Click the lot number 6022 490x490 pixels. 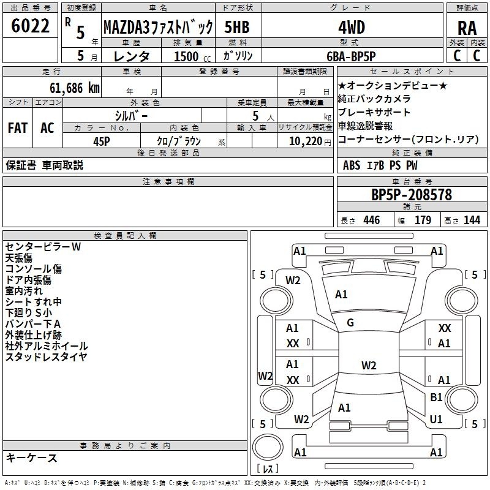coord(30,26)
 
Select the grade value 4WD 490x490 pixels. coord(352,28)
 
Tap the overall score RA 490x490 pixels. coord(467,28)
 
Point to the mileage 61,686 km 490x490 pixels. coord(75,88)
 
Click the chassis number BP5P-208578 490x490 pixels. coord(412,195)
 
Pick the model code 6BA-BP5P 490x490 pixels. coord(351,56)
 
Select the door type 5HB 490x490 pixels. coord(237,27)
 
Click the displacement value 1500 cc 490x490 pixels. coord(192,56)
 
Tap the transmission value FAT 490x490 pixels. coord(18,128)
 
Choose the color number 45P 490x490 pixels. coord(102,141)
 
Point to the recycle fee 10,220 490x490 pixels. coord(306,141)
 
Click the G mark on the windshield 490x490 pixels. coord(350,323)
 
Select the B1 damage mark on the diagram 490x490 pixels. coord(436,397)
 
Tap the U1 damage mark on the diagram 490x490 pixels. coord(436,419)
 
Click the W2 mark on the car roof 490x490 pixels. coord(369,365)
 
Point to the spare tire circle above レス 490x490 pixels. coord(268,447)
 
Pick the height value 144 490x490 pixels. coord(472,220)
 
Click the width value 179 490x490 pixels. coord(423,220)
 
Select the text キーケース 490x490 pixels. coord(32,458)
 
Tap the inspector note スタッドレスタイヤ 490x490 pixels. coord(47,356)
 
